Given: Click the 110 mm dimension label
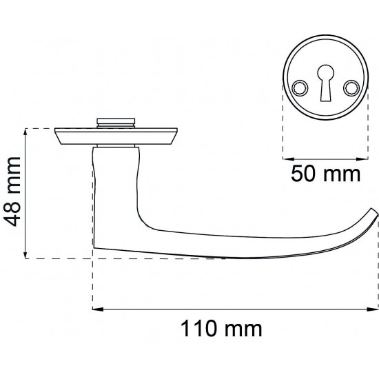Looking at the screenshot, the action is [221, 329].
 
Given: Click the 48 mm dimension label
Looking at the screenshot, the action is [12, 192].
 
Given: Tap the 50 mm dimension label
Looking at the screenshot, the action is [325, 174].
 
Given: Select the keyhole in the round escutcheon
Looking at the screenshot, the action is [325, 83].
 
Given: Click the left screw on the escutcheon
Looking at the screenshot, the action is [300, 88].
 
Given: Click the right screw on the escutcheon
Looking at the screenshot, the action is [351, 88].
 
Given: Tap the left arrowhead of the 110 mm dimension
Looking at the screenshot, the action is [98, 309].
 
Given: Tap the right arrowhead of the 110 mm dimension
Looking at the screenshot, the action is [372, 309].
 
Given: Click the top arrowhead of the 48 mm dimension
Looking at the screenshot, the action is [25, 134].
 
